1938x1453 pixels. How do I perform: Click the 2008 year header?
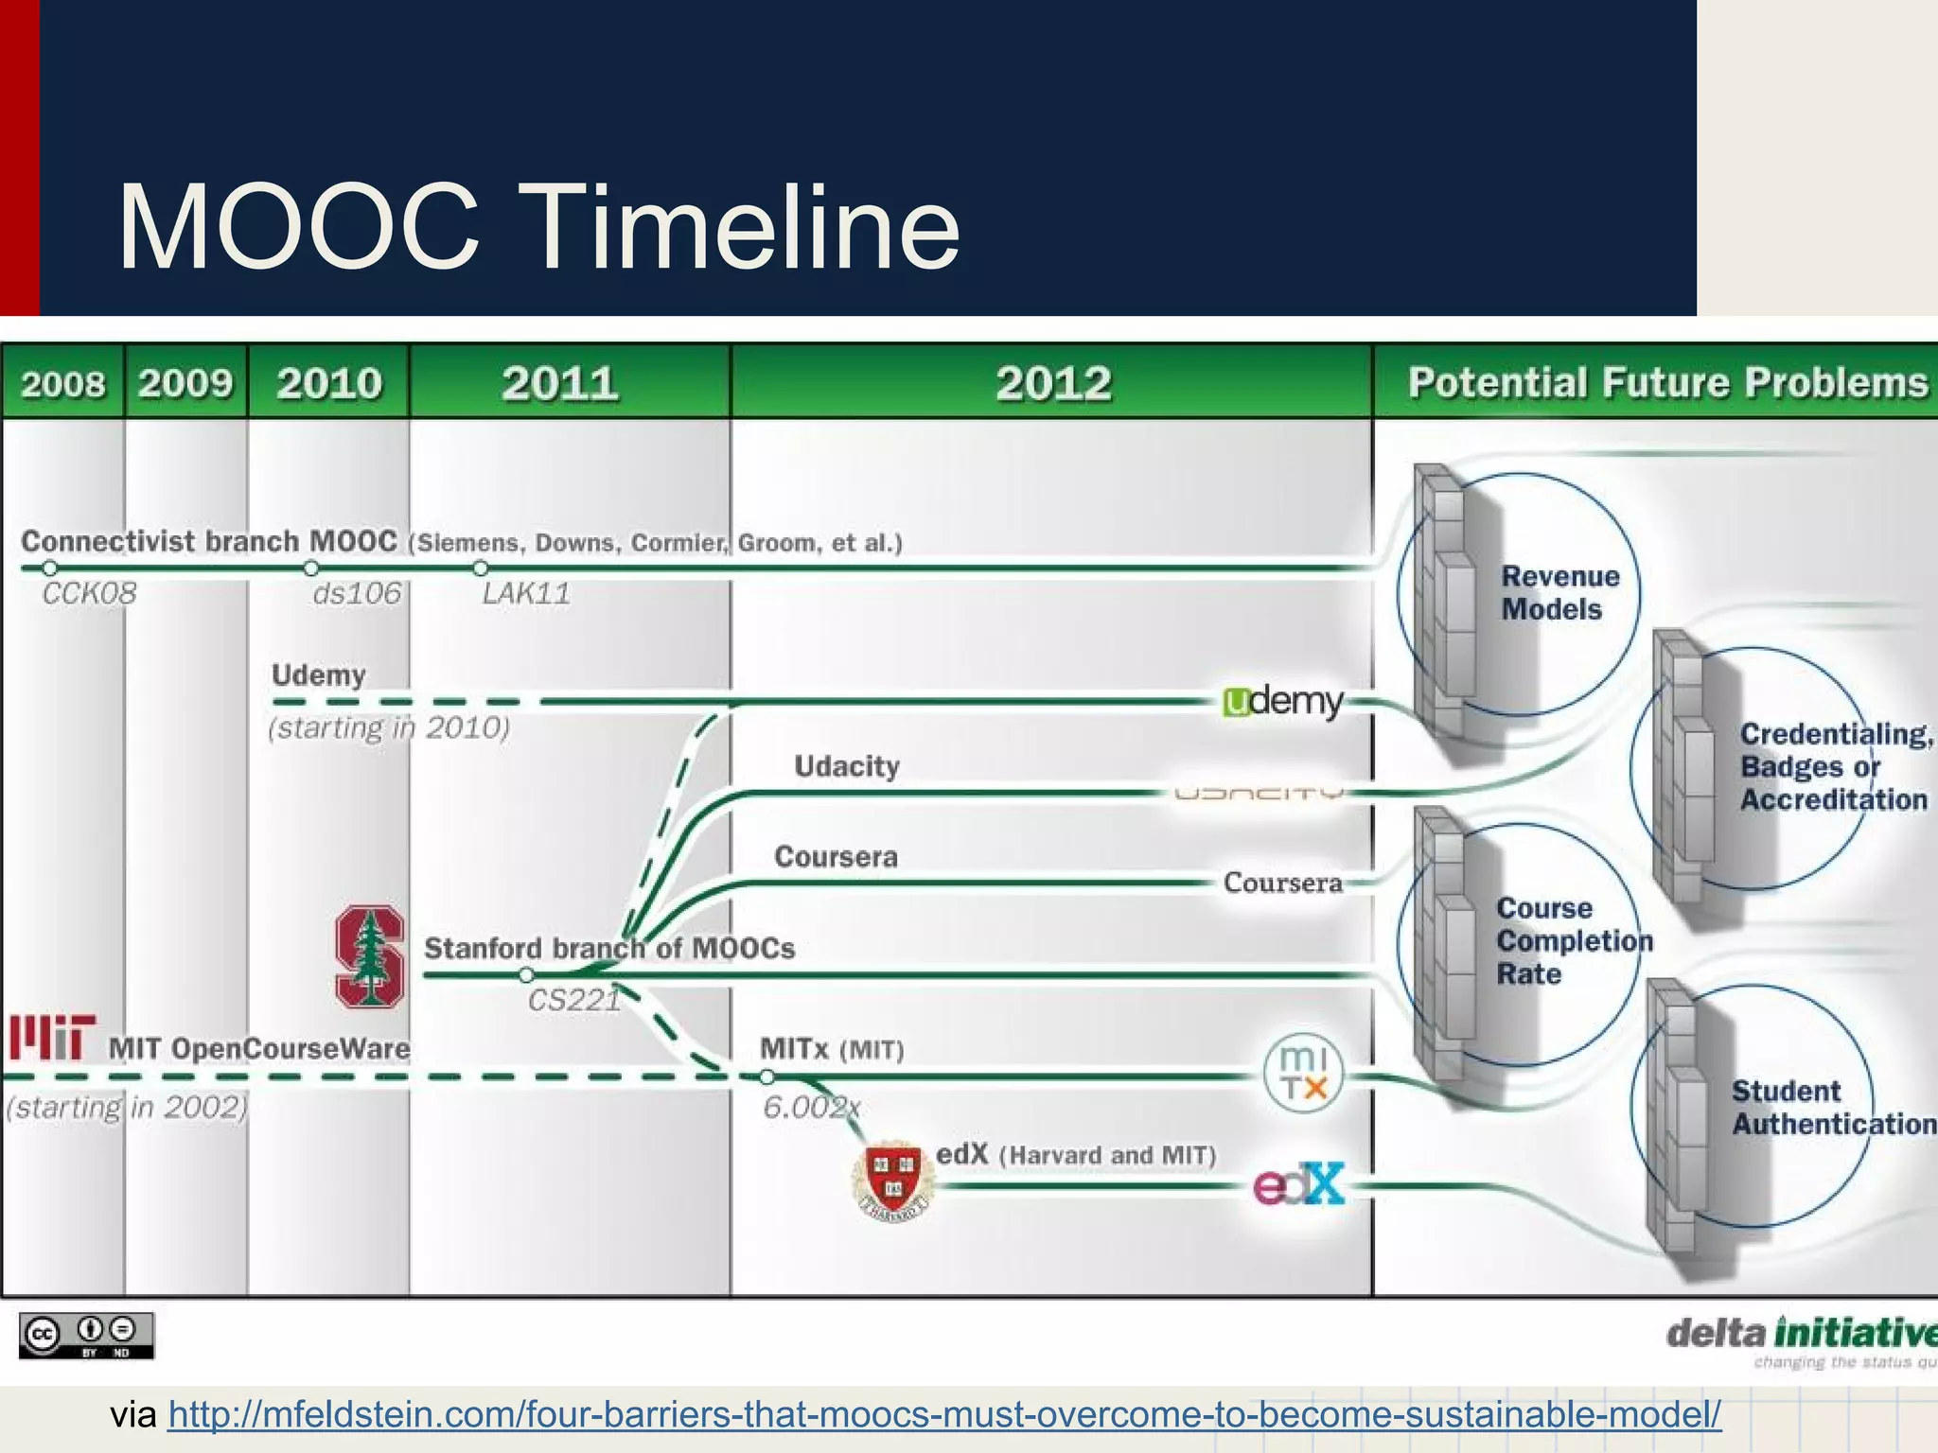(x=63, y=383)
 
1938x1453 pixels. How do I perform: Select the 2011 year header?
(x=560, y=383)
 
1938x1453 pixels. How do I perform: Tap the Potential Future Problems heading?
(x=1667, y=383)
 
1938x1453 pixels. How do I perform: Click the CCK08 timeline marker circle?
(x=50, y=569)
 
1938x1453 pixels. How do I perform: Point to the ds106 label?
(x=357, y=594)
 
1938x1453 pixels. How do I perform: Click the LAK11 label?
(x=526, y=594)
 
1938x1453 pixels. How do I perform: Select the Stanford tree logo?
(x=370, y=956)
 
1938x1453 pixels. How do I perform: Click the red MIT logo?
(x=53, y=1038)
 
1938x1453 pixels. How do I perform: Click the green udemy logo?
(x=1283, y=702)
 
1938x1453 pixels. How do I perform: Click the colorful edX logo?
(x=1298, y=1183)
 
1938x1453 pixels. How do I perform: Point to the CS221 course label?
(x=573, y=1001)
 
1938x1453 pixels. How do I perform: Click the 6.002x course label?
(x=811, y=1107)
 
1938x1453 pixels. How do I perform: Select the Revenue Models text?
(x=1559, y=593)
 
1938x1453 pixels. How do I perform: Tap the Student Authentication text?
(x=1832, y=1107)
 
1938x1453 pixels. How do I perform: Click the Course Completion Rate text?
(x=1573, y=940)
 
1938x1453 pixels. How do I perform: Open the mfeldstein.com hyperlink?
(x=944, y=1414)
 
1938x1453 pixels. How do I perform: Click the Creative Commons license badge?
(x=86, y=1335)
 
